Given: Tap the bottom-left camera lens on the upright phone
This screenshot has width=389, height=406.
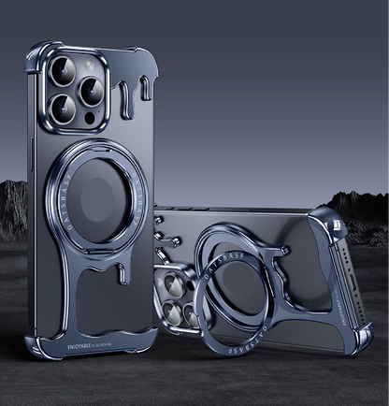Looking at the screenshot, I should click(x=59, y=107).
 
